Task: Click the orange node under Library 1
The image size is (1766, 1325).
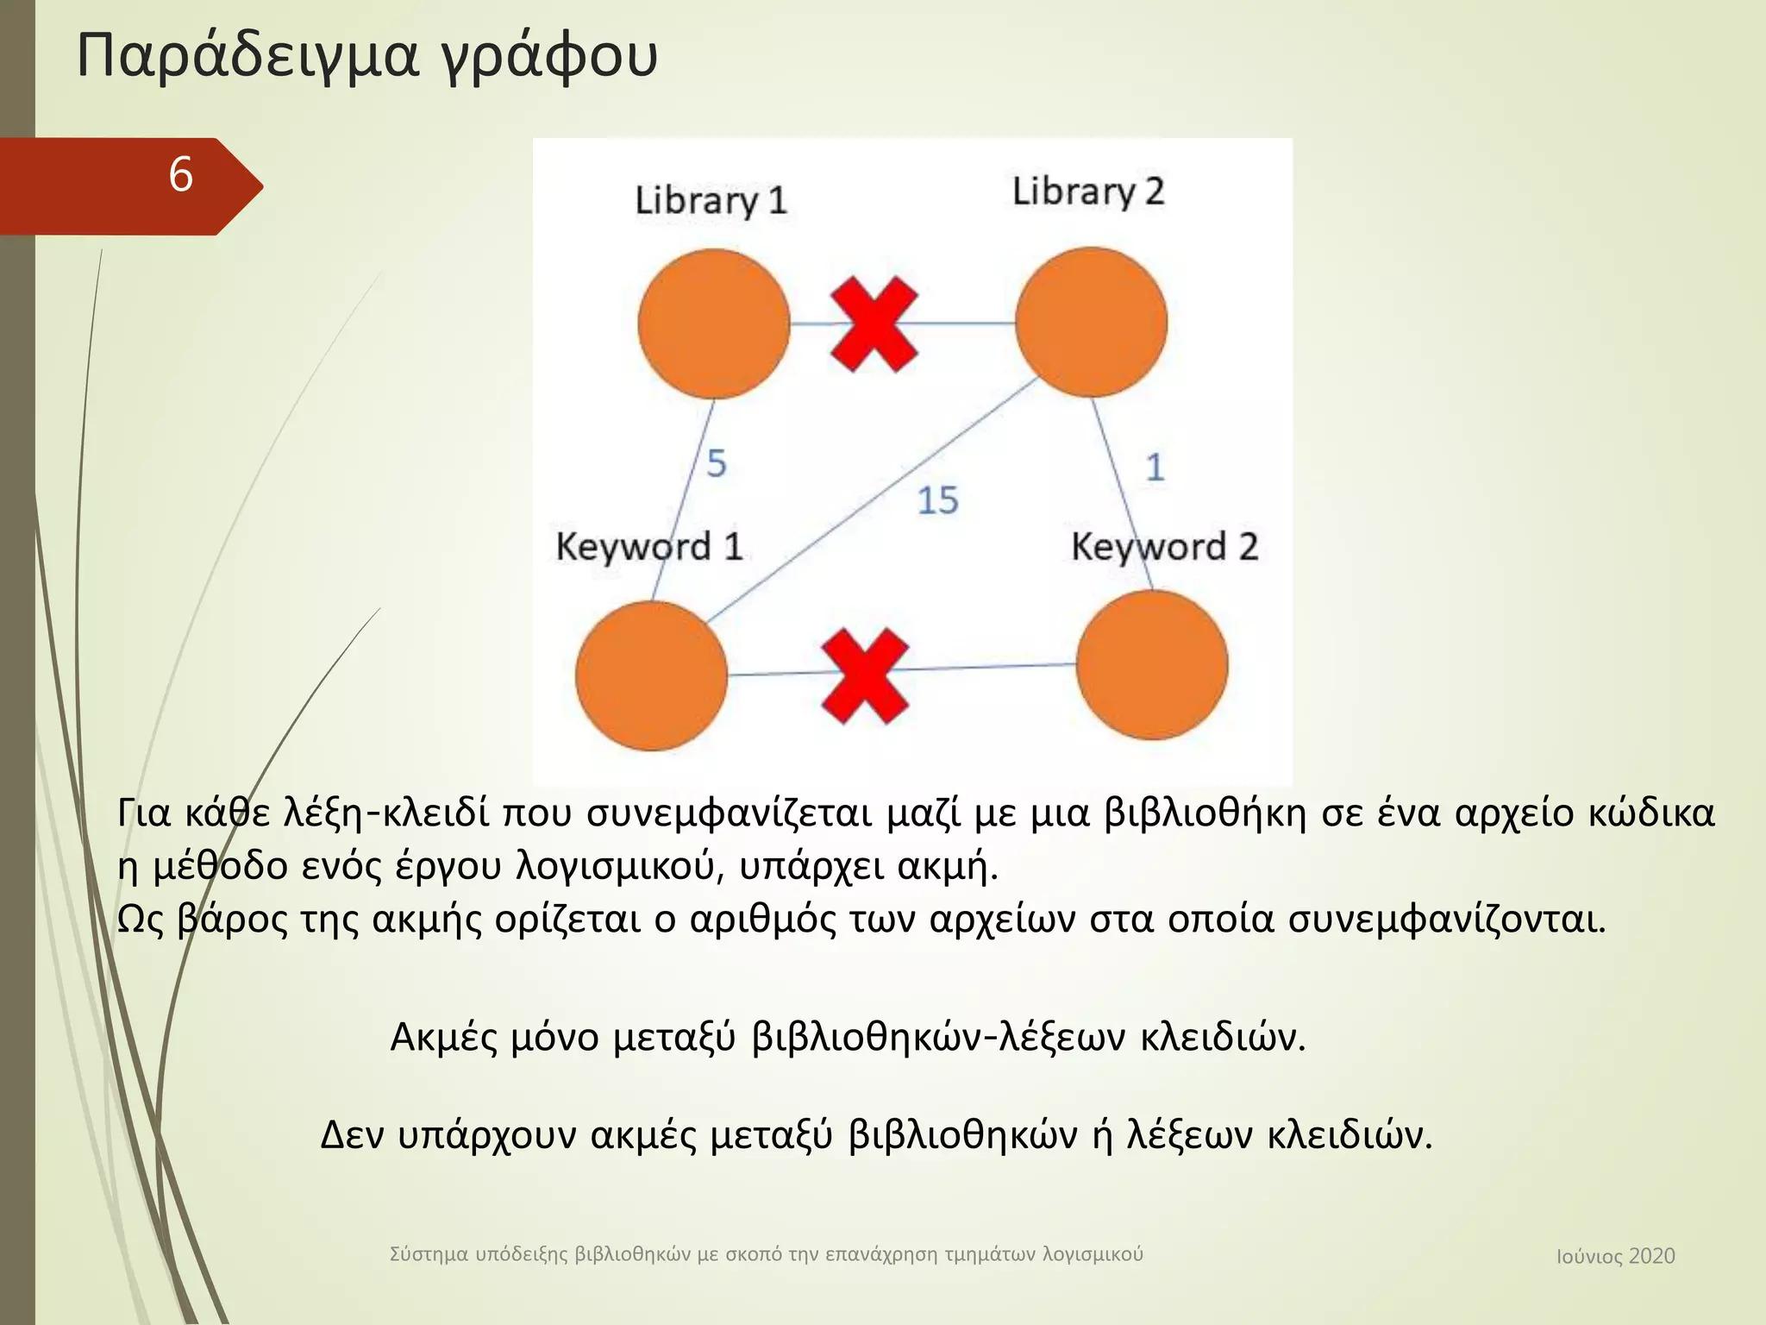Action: click(714, 323)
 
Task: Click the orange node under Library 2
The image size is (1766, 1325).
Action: click(1091, 322)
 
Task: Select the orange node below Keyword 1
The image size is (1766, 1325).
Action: click(651, 675)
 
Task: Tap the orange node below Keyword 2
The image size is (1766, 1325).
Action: click(1152, 665)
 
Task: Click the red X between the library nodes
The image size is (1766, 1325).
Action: click(874, 324)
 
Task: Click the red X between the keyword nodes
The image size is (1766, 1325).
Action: click(865, 675)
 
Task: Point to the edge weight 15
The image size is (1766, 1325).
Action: click(937, 500)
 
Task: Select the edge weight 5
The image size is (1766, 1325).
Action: click(717, 463)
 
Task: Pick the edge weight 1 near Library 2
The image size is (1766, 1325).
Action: click(1155, 468)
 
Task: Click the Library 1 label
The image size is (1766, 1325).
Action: click(711, 201)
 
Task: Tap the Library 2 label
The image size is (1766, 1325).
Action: click(1088, 192)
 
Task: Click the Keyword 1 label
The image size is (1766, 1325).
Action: click(649, 547)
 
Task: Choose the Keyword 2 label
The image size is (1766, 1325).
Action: click(1164, 547)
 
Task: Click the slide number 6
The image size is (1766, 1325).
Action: click(180, 175)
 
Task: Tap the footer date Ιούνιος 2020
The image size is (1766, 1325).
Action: click(1615, 1256)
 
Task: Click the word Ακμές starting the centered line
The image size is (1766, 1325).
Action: click(443, 1037)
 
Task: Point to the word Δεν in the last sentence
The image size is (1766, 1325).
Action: click(352, 1135)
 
